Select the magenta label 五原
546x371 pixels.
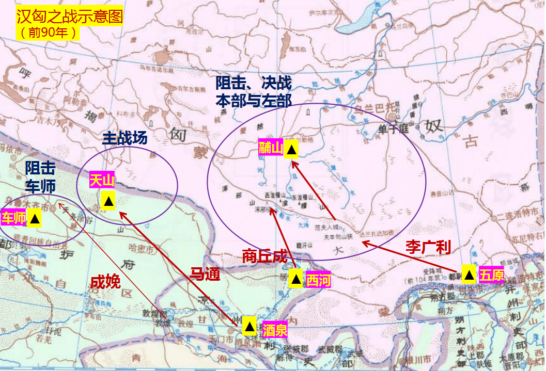click(x=491, y=275)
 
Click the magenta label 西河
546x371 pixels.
click(x=318, y=280)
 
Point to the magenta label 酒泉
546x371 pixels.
click(x=275, y=330)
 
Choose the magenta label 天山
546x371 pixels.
click(x=102, y=180)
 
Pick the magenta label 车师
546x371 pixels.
click(x=14, y=218)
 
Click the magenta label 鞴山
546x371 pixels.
click(x=271, y=149)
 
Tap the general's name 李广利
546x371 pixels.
click(x=428, y=247)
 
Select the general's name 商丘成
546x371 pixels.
click(x=264, y=256)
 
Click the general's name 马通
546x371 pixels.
click(x=205, y=273)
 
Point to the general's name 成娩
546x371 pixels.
click(x=105, y=281)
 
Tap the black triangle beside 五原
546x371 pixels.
click(x=469, y=274)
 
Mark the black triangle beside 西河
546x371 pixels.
click(x=295, y=279)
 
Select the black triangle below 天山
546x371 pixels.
click(x=108, y=200)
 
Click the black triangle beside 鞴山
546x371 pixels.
click(x=291, y=149)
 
